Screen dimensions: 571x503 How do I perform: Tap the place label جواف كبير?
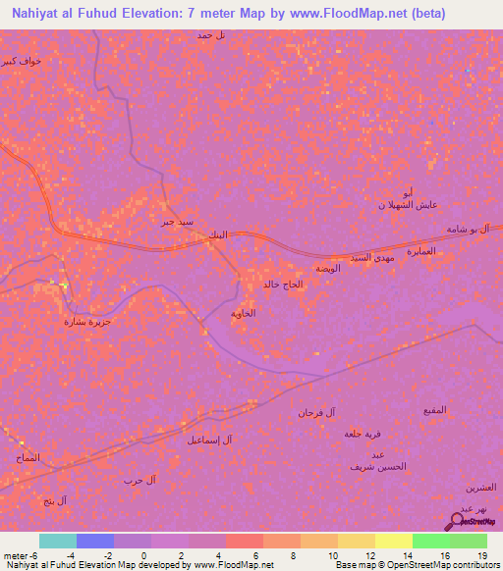[22, 61]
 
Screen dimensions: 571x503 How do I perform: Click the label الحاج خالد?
[285, 285]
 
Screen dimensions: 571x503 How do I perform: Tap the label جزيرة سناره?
[87, 321]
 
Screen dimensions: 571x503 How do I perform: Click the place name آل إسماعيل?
[209, 440]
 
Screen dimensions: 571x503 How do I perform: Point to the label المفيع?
[434, 408]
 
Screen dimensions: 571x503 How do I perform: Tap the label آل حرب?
[133, 479]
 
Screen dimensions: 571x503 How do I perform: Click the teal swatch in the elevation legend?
[58, 541]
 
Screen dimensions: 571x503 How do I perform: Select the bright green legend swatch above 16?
[431, 541]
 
